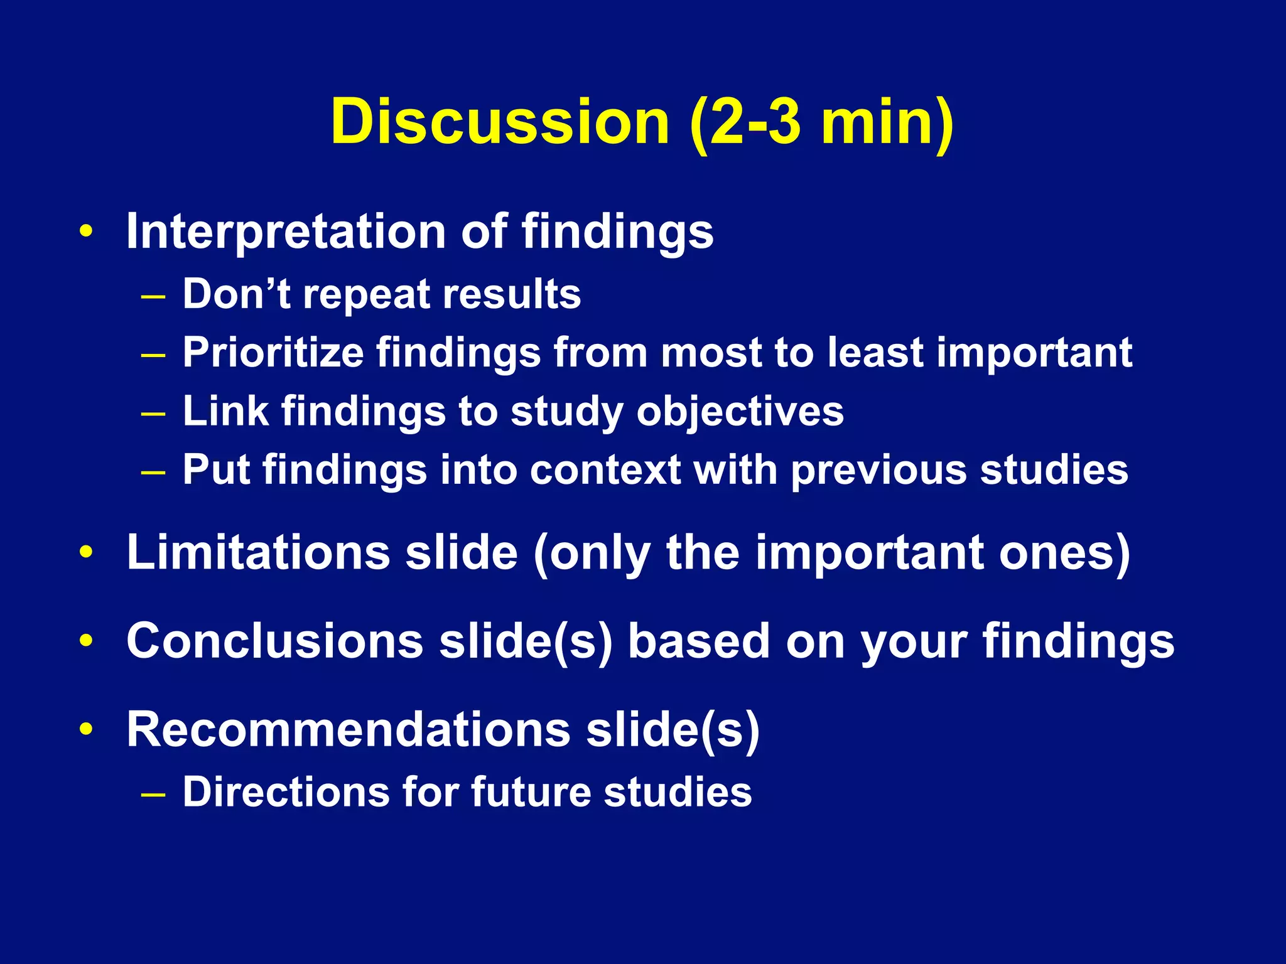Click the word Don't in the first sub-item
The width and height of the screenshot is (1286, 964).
coord(236,294)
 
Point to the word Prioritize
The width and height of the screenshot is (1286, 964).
coord(273,353)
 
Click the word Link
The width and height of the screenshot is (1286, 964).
coord(225,411)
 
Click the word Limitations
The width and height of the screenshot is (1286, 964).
coord(259,552)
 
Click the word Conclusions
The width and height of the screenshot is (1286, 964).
coord(275,641)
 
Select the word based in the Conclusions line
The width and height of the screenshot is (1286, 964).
coord(699,641)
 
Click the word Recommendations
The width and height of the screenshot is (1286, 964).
coord(349,729)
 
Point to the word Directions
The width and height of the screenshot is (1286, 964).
coord(286,791)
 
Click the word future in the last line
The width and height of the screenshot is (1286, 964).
coord(531,791)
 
